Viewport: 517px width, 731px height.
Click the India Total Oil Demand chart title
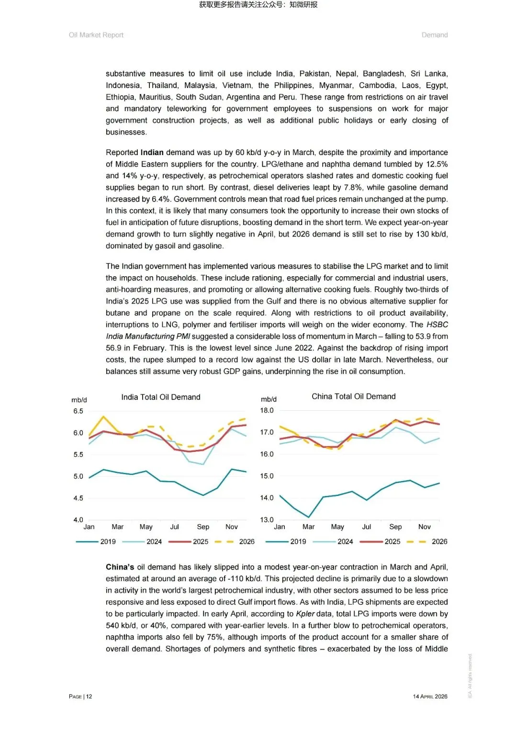[x=160, y=397]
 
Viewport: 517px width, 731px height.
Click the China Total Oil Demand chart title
[x=353, y=396]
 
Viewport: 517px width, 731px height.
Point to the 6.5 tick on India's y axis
[x=78, y=411]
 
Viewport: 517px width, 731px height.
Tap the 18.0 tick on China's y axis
[x=267, y=410]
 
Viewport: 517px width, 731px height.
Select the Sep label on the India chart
[x=203, y=527]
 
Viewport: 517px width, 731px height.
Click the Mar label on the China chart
[x=308, y=527]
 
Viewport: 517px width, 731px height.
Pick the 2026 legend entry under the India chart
[x=247, y=541]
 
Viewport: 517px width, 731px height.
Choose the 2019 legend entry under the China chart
[x=298, y=541]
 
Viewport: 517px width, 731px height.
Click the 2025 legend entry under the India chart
[x=200, y=541]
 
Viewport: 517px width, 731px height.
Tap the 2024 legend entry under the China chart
[x=345, y=541]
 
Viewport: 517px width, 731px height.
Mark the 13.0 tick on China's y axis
[x=267, y=519]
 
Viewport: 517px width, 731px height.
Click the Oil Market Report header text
[x=96, y=35]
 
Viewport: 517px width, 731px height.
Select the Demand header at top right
[x=435, y=35]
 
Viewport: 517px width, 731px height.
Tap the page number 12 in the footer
[x=89, y=697]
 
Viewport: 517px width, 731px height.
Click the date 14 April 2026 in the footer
[x=430, y=697]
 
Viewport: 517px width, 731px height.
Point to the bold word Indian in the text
[x=152, y=152]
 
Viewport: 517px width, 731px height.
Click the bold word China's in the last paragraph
[x=120, y=567]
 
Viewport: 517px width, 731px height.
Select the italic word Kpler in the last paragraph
[x=305, y=614]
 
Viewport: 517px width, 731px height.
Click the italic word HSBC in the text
[x=437, y=325]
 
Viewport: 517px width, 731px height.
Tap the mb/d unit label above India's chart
[x=79, y=400]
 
